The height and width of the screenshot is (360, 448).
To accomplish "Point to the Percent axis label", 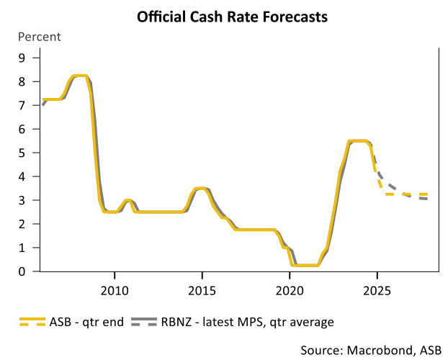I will pyautogui.click(x=40, y=37).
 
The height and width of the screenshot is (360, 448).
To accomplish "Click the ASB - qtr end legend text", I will pyautogui.click(x=86, y=321).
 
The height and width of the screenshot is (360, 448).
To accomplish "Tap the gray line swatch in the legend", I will pyautogui.click(x=143, y=321).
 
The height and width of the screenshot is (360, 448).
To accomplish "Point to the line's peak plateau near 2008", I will pyautogui.click(x=80, y=76).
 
